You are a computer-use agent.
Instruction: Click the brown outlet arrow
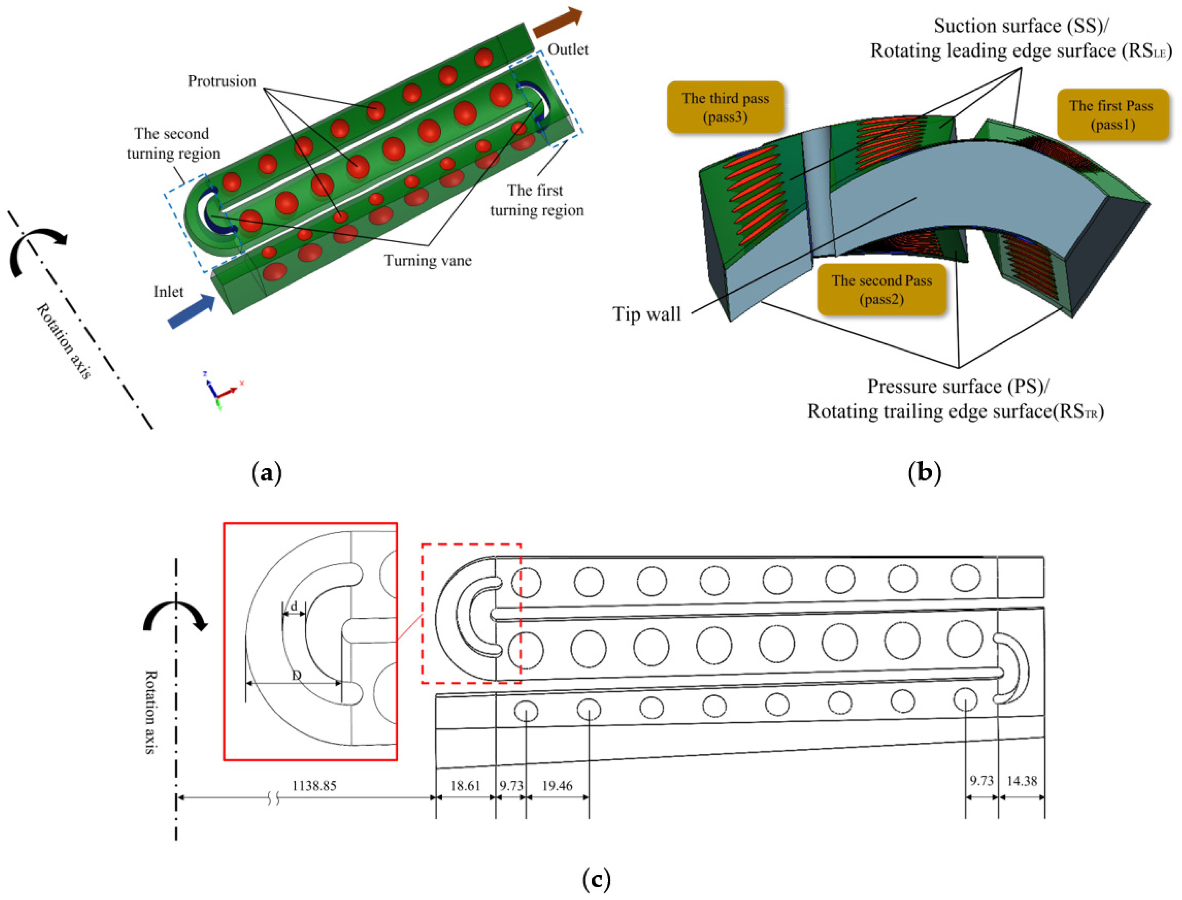pos(557,22)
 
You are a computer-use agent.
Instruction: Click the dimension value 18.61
pos(465,786)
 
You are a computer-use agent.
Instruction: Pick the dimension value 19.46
pos(557,786)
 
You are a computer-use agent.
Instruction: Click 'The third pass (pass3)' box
pos(725,107)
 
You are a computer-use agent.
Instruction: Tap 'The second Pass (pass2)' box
pos(881,289)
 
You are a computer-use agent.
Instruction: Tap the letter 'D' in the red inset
pos(297,676)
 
